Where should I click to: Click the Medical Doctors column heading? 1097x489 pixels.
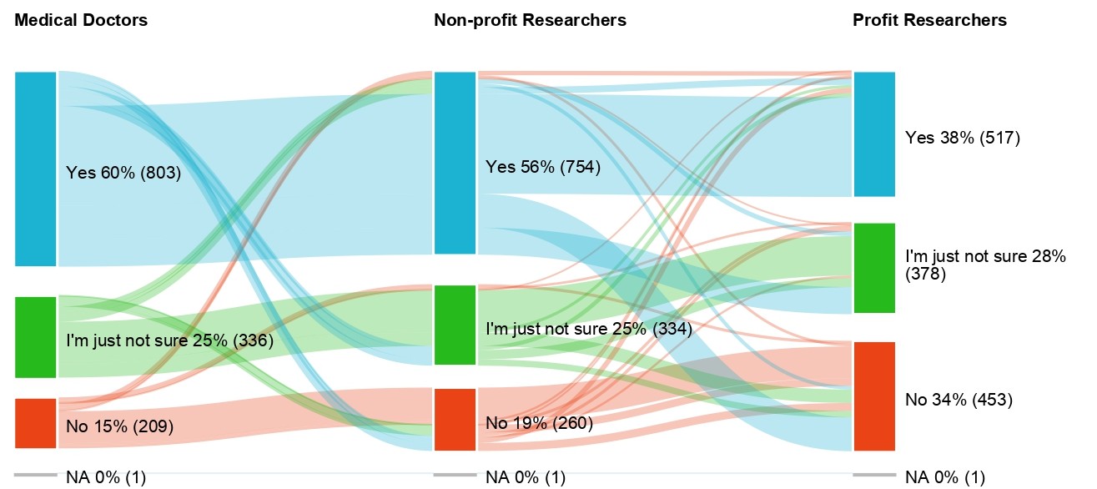[x=81, y=20]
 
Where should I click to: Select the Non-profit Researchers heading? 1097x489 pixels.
[x=530, y=20]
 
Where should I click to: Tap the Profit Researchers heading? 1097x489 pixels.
[x=929, y=20]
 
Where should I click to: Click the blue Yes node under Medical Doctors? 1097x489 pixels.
[x=36, y=169]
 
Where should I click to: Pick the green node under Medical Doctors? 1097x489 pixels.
[x=36, y=336]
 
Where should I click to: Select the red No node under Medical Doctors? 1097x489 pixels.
[x=36, y=423]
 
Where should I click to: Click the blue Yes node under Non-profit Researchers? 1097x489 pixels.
[x=455, y=163]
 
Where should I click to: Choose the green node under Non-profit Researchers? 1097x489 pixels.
[x=455, y=325]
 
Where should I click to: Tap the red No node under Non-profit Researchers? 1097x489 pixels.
[x=455, y=419]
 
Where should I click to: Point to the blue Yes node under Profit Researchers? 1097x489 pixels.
[x=873, y=134]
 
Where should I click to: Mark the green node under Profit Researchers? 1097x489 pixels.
[x=873, y=268]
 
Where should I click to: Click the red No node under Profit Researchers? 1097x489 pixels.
[x=873, y=396]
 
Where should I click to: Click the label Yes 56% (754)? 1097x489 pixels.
[x=543, y=167]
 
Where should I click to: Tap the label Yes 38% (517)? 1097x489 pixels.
[x=963, y=138]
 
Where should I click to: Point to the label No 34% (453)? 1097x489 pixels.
[x=959, y=400]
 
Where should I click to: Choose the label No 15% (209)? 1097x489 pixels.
[x=119, y=426]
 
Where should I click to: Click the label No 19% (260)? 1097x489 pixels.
[x=539, y=423]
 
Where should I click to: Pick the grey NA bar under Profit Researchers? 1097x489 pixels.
[x=873, y=476]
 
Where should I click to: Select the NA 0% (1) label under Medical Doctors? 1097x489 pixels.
[x=106, y=477]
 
